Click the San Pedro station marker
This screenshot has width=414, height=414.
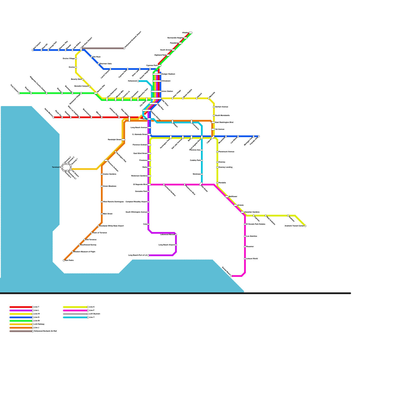click(x=64, y=260)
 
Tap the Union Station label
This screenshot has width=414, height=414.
click(x=167, y=91)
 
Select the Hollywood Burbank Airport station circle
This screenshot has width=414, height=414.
click(x=124, y=48)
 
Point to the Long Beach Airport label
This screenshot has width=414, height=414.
click(x=166, y=245)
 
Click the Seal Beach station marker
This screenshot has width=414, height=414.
click(x=231, y=276)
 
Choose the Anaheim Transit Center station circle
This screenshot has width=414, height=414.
click(x=305, y=226)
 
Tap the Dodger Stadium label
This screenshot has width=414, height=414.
click(x=168, y=74)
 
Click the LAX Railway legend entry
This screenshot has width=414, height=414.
click(x=39, y=324)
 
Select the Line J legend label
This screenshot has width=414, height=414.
click(x=36, y=328)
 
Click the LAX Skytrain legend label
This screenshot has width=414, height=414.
click(x=94, y=314)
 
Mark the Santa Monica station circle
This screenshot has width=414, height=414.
click(x=54, y=117)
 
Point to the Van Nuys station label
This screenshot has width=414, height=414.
click(x=96, y=57)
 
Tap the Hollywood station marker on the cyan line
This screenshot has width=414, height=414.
click(x=138, y=81)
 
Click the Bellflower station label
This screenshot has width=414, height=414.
click(x=233, y=197)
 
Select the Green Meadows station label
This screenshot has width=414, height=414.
click(x=109, y=186)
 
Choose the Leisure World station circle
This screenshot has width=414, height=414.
click(x=245, y=259)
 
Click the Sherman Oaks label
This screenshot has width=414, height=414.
click(x=106, y=64)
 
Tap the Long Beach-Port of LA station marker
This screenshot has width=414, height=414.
click(x=148, y=255)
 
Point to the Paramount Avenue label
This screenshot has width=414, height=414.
click(x=226, y=152)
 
